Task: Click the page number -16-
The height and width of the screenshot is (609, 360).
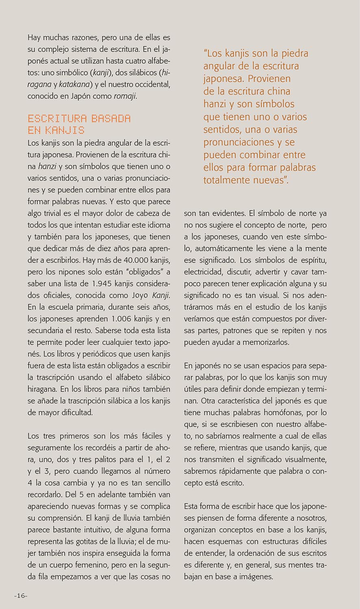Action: [20, 596]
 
